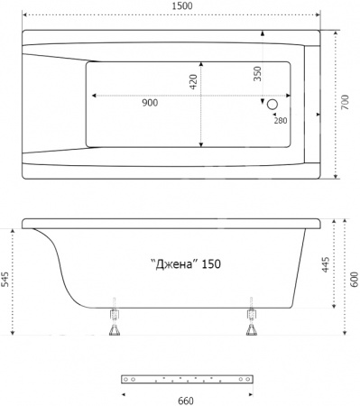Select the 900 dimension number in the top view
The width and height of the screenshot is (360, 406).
click(150, 104)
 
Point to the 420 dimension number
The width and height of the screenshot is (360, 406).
click(193, 84)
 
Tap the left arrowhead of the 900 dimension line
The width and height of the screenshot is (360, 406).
click(88, 96)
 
